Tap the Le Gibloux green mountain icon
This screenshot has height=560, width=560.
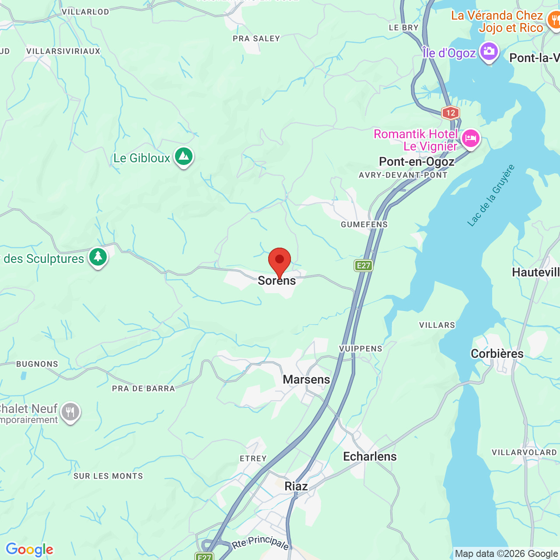[184, 156]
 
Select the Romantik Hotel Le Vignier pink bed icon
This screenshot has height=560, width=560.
[470, 139]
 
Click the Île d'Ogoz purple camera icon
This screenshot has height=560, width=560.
[489, 52]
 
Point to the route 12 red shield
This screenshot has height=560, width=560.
[450, 113]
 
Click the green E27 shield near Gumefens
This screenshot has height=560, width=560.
[363, 265]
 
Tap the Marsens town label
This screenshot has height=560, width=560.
[306, 379]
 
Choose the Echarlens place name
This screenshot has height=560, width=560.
[370, 456]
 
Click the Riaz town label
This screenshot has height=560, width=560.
[296, 486]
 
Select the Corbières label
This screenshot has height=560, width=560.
[497, 353]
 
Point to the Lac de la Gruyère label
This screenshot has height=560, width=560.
[491, 196]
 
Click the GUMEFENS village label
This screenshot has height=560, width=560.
[364, 224]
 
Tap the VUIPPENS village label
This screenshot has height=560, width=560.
[360, 349]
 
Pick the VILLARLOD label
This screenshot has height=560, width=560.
[85, 12]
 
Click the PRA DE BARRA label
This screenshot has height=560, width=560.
[143, 388]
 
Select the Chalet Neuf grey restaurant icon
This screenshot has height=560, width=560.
[70, 412]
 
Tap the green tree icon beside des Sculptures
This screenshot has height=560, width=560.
[98, 257]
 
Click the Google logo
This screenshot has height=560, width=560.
[29, 549]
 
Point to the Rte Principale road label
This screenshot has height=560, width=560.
[261, 542]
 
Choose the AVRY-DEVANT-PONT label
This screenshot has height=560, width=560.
[403, 175]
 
